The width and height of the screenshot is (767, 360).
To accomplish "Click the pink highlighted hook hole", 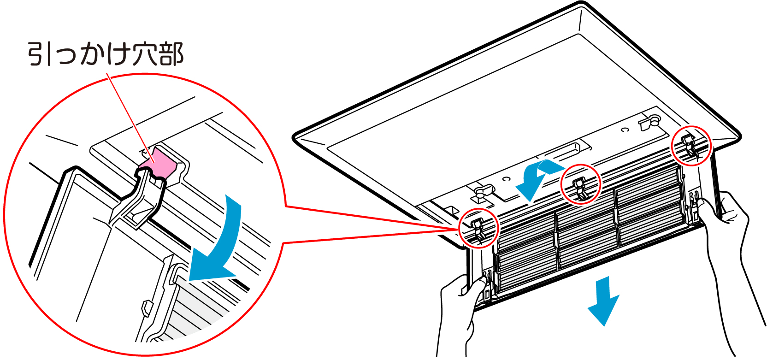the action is click(x=159, y=162).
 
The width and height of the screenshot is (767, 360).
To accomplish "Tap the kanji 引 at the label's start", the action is click(x=40, y=54).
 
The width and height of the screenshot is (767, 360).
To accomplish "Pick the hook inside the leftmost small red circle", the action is click(x=479, y=229).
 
